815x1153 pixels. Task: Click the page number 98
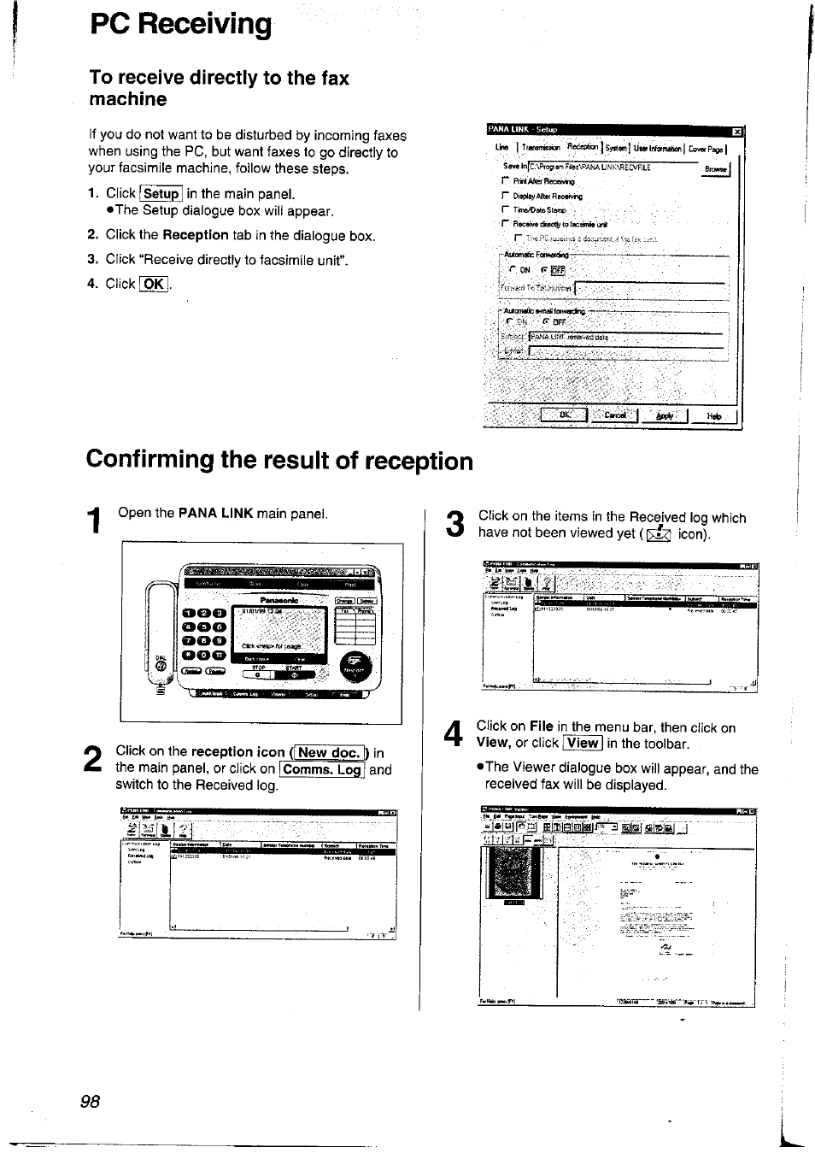coord(90,1102)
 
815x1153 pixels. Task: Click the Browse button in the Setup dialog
coord(716,168)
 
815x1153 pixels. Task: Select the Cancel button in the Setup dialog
coord(614,415)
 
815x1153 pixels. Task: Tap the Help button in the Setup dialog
coord(714,416)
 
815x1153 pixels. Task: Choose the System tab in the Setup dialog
coord(615,149)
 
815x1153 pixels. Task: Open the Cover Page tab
coord(706,149)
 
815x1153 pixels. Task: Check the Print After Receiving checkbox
coord(506,181)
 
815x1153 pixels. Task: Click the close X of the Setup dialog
coord(736,131)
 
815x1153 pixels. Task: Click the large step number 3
coord(455,525)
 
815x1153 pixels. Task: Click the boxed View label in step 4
coord(583,743)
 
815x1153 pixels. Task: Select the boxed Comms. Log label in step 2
coord(323,769)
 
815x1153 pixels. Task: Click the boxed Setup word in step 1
coord(161,194)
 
